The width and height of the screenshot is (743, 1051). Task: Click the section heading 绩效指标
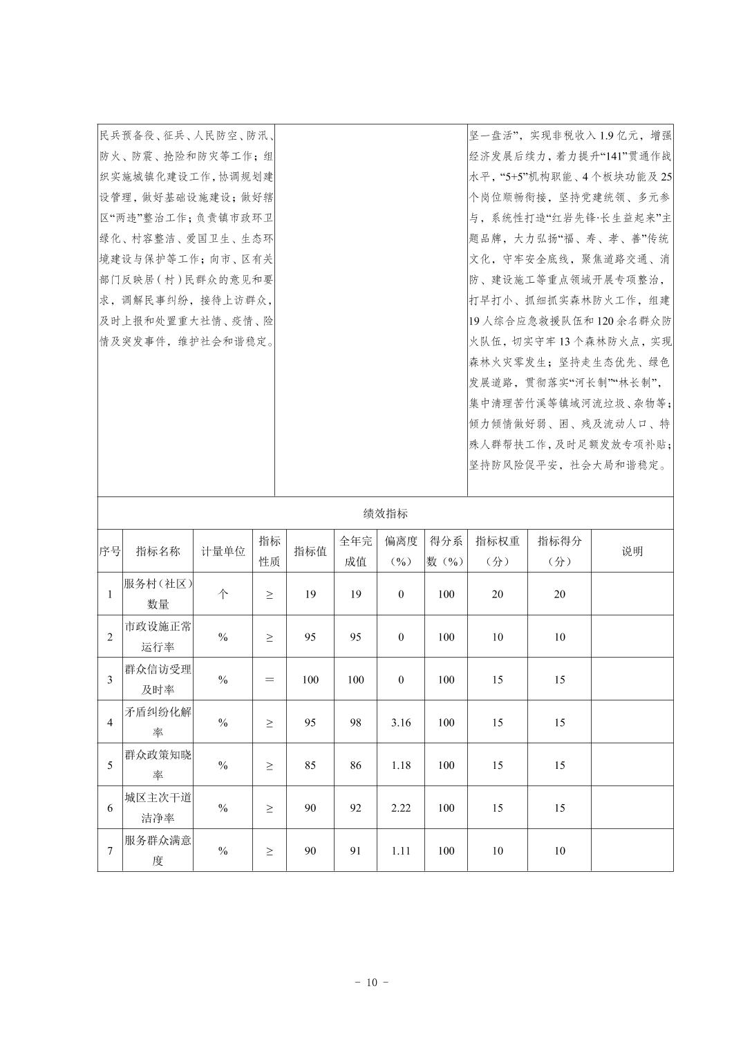pos(385,513)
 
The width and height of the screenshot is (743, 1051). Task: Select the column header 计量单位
pos(223,551)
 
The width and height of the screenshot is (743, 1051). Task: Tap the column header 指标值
pos(310,551)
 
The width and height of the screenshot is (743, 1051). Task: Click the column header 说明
pos(632,551)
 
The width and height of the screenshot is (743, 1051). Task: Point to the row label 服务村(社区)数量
pos(158,594)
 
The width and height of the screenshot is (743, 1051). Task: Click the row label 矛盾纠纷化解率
pos(158,722)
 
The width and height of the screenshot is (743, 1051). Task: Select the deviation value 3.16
pos(401,723)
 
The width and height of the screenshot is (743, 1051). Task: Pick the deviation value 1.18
pos(401,765)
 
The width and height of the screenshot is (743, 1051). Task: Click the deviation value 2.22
pos(401,808)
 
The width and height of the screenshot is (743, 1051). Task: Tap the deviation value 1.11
pos(401,851)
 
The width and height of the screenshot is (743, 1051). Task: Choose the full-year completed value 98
pos(355,723)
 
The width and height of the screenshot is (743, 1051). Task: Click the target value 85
pos(310,765)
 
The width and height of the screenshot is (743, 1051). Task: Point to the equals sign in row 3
pos(269,680)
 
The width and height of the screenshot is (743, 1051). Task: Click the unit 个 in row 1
pos(223,594)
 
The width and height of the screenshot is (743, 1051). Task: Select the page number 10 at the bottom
pos(372,983)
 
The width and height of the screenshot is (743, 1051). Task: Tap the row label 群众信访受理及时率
pos(158,679)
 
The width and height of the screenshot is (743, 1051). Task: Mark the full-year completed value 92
pos(355,808)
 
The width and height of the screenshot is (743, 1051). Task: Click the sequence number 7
pos(109,851)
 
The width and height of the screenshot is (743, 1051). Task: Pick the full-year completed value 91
pos(355,851)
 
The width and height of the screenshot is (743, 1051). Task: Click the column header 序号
pos(109,551)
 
